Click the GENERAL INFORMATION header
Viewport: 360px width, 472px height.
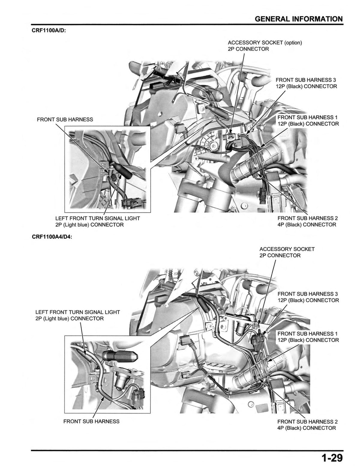point(298,19)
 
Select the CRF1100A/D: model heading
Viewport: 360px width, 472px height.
point(49,30)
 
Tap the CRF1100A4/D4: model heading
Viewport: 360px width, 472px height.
point(52,237)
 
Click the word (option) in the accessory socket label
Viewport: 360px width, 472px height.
point(293,43)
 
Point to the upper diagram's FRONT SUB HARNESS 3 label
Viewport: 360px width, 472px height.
point(306,83)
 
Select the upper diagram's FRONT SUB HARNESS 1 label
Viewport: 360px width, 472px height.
point(308,121)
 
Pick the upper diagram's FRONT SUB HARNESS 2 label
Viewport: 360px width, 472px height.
point(307,221)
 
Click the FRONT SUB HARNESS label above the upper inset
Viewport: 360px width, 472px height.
point(65,120)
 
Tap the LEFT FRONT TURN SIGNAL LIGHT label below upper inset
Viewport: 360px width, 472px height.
point(97,222)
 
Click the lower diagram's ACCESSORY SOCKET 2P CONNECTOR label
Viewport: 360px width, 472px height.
point(287,252)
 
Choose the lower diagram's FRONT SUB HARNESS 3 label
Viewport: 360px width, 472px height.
point(308,297)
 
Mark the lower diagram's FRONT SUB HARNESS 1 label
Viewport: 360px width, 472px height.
point(308,337)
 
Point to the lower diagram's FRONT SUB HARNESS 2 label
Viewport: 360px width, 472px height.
point(307,425)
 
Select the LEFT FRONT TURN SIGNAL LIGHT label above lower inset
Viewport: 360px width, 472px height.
point(77,315)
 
